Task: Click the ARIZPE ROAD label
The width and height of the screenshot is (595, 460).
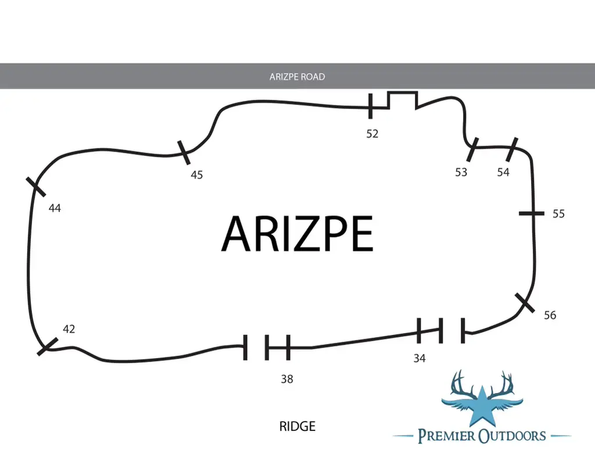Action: click(297, 77)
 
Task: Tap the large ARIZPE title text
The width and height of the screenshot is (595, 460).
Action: click(297, 233)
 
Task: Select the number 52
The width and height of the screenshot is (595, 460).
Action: click(372, 134)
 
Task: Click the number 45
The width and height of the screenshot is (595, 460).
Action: click(196, 174)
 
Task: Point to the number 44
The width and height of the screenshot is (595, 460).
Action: click(55, 208)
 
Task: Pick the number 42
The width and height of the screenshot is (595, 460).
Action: click(69, 329)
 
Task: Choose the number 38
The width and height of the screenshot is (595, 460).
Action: click(287, 379)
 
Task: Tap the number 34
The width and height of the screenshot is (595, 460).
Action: click(420, 358)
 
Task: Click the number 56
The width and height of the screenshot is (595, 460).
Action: click(550, 315)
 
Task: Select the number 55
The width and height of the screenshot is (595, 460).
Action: click(558, 214)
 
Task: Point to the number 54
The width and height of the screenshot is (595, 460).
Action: click(503, 173)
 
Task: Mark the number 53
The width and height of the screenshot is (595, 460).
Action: click(461, 173)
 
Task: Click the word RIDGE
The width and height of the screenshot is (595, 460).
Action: click(297, 426)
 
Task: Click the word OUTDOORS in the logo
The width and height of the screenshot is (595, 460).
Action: click(511, 436)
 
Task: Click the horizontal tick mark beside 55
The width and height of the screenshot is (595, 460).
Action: click(532, 213)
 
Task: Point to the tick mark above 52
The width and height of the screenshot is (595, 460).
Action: click(371, 106)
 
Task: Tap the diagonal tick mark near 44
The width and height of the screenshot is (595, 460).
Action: click(35, 187)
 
